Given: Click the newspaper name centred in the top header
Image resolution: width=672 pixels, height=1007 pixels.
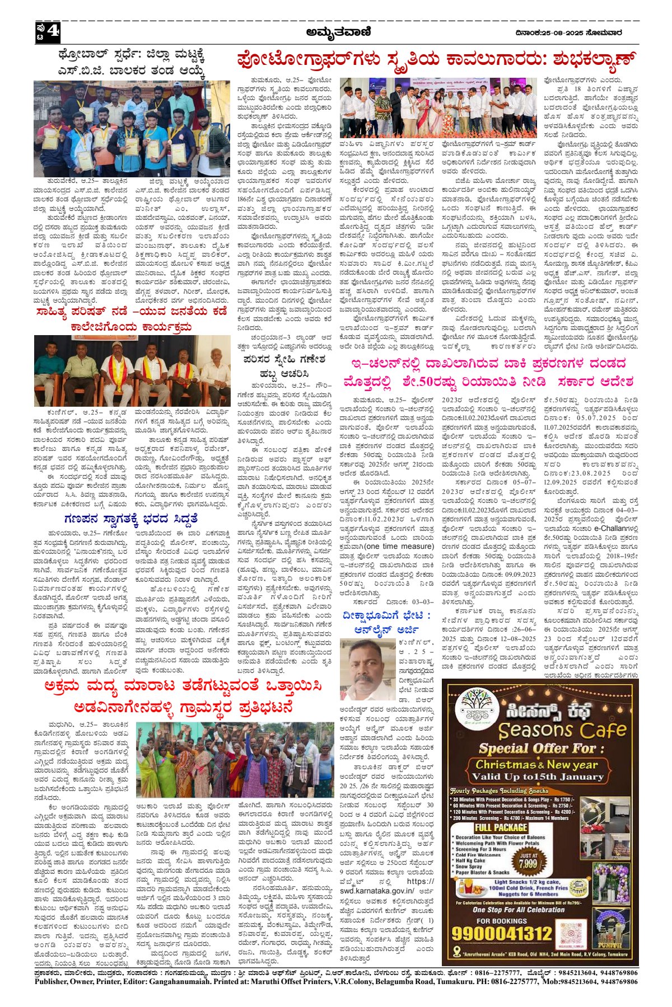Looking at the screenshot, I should [338, 32].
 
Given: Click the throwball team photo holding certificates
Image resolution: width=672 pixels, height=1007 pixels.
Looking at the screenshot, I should [132, 128].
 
